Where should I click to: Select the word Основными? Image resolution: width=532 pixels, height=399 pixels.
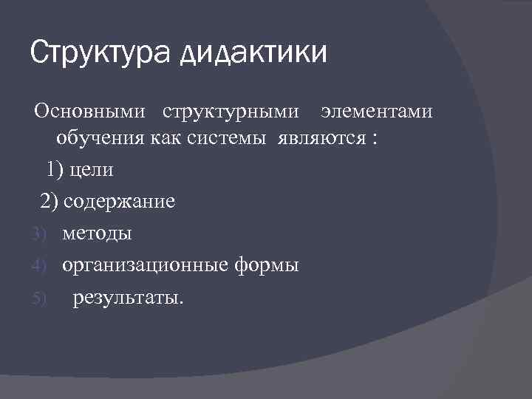tap(88, 112)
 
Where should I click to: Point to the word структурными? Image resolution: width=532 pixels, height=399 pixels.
tap(231, 112)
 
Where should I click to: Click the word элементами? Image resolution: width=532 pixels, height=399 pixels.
tap(376, 112)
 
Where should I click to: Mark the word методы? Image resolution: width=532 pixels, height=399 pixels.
tap(97, 233)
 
